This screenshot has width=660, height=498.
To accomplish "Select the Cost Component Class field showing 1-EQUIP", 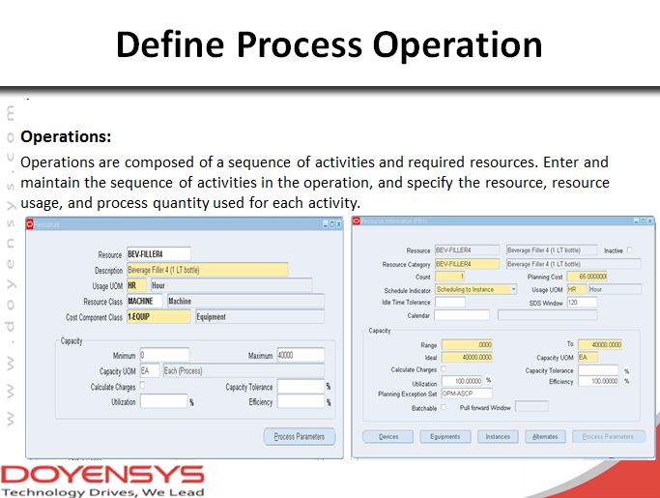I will (158, 316).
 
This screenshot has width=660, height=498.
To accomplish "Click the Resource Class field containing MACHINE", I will (145, 302).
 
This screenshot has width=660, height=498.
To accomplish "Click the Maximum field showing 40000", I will (301, 355).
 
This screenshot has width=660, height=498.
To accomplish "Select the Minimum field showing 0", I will (164, 355).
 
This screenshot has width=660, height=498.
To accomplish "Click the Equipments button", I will (445, 436).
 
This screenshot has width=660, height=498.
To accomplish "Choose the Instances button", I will (498, 436).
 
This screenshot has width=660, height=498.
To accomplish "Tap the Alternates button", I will (545, 436).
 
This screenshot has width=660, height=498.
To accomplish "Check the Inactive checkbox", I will (630, 250).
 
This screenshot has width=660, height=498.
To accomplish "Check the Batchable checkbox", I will (445, 407).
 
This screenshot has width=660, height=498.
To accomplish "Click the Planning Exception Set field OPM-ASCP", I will (467, 394).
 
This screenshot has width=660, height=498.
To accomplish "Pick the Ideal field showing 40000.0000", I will (467, 357).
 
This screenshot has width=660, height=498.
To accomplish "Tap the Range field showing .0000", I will (467, 344).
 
